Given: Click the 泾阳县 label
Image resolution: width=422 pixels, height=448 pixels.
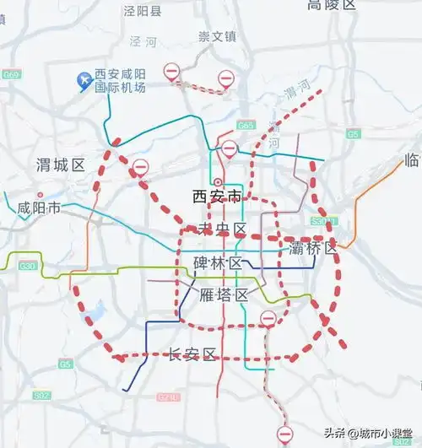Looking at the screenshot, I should coord(142,12).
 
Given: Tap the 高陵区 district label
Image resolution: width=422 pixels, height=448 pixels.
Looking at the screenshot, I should coord(333,5).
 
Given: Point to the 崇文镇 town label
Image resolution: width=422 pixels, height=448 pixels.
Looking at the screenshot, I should coord(216,36).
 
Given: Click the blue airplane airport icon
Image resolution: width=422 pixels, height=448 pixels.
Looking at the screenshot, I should coord(84,80).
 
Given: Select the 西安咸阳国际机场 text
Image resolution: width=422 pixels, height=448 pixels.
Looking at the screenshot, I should coord(122,80).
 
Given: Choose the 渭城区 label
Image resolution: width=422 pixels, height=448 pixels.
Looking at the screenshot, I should coord(62,165).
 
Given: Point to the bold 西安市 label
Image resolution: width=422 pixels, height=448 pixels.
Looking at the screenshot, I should coord(217,197).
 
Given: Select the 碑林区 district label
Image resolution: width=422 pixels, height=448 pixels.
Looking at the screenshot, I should coord(218,263).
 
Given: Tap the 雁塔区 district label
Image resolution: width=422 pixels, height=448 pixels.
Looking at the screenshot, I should coord(224,294).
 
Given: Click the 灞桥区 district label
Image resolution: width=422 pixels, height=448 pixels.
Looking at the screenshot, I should coord(313,248).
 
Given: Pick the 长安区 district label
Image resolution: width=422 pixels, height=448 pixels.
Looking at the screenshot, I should coord(193,354).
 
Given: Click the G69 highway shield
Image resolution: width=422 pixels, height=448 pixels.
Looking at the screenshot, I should coord(11,75).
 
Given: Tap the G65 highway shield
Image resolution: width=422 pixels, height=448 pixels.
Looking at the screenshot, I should coord(246,126).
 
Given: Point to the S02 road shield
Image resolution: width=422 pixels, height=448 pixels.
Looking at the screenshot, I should coord(41,395).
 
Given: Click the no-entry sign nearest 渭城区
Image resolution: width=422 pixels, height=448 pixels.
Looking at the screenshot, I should coord(140,167).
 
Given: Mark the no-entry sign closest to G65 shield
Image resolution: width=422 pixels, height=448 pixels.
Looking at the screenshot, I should coord(230,149).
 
